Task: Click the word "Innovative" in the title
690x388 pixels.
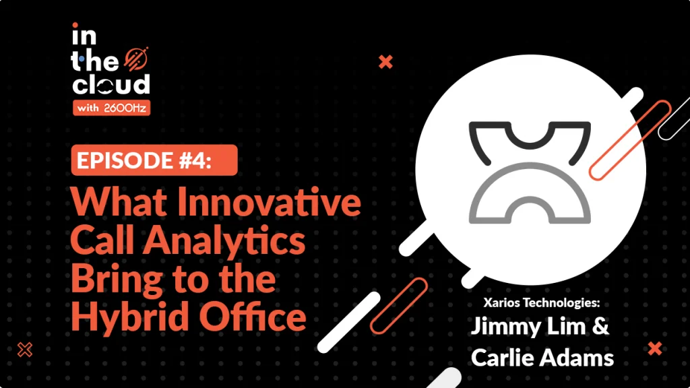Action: (x=269, y=201)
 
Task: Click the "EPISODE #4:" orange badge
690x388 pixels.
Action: (x=154, y=160)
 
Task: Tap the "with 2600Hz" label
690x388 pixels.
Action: (x=111, y=108)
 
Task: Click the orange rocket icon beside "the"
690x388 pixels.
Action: (x=136, y=59)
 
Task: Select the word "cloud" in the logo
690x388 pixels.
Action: (x=111, y=84)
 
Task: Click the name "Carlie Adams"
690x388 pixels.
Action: (x=542, y=357)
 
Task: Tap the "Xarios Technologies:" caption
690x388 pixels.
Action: (x=542, y=302)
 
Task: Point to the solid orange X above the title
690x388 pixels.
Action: (x=385, y=62)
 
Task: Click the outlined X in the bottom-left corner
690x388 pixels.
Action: (x=25, y=350)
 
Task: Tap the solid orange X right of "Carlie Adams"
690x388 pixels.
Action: (x=655, y=348)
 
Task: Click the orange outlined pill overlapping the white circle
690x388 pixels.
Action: (x=630, y=140)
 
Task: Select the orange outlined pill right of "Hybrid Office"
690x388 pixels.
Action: (x=399, y=306)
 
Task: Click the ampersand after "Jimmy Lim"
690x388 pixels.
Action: (x=600, y=327)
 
